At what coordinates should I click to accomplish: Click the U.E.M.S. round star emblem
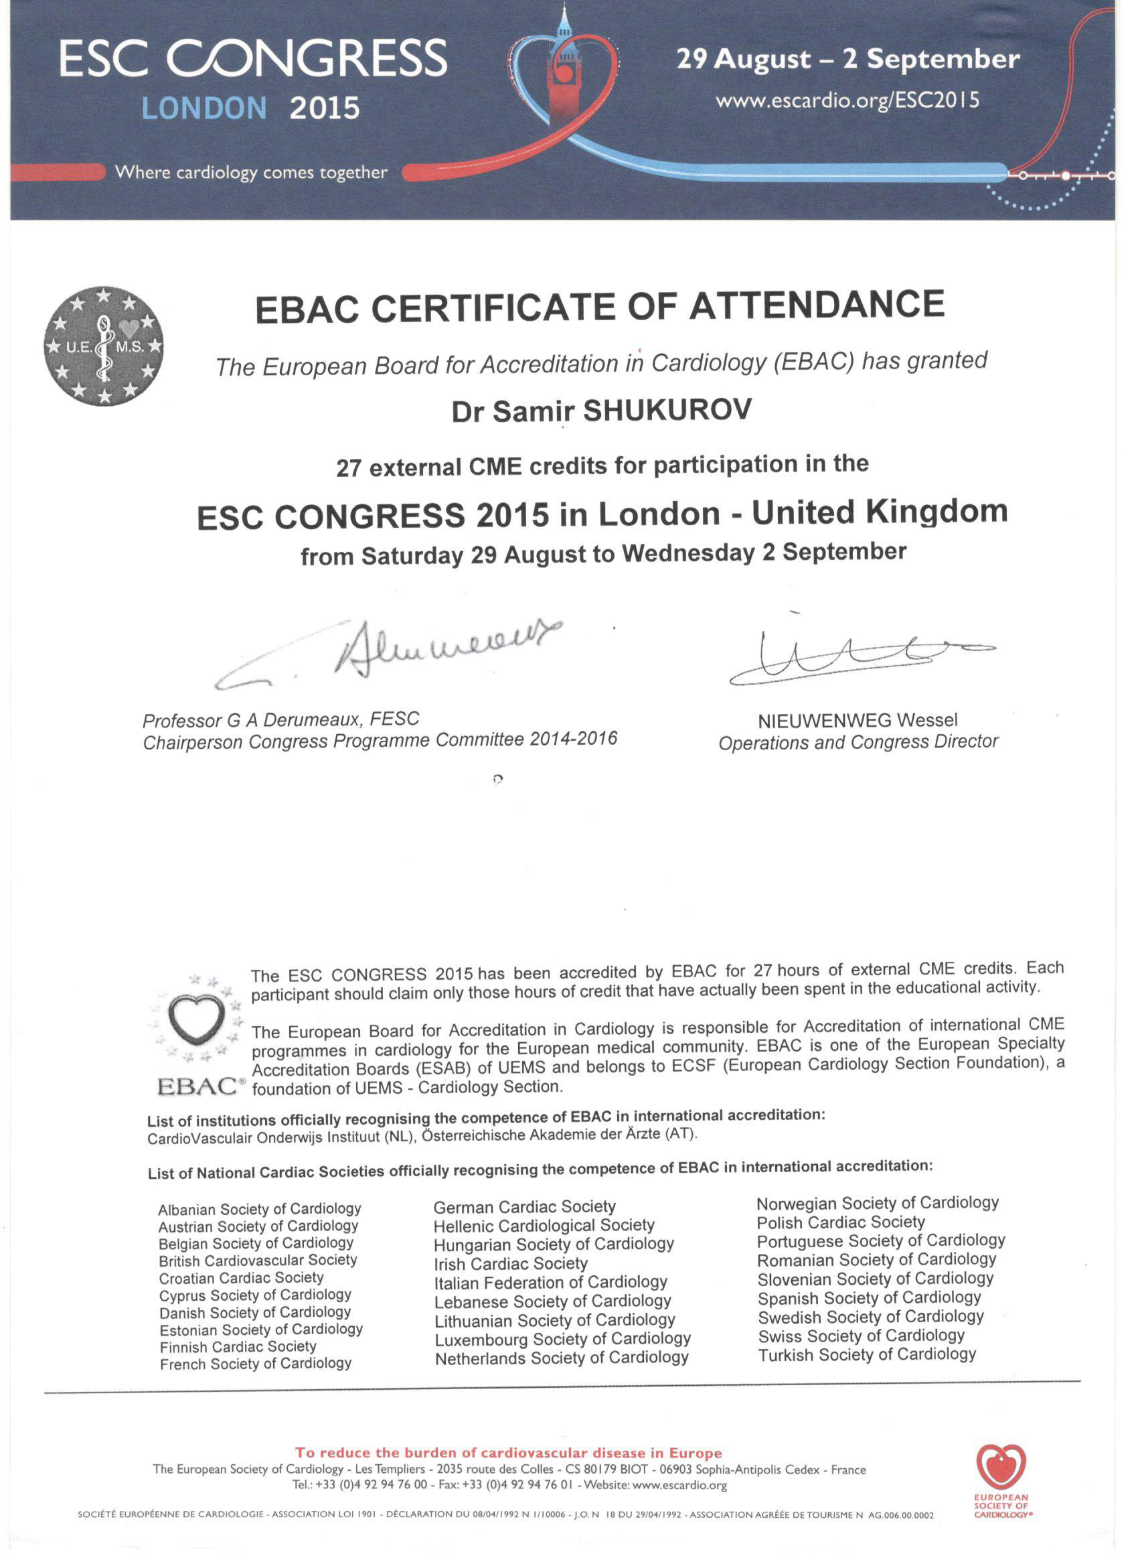(x=104, y=346)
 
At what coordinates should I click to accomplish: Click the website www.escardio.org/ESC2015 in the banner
(x=847, y=101)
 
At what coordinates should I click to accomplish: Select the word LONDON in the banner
(x=204, y=109)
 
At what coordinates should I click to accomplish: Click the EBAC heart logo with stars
(x=197, y=1033)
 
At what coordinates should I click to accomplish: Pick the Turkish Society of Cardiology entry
(x=866, y=1354)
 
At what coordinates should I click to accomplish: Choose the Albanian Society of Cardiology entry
(x=260, y=1209)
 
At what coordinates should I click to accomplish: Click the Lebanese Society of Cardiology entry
(x=552, y=1301)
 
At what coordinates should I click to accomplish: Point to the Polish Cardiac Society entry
(x=840, y=1223)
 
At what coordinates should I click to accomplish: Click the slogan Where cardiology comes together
(x=251, y=173)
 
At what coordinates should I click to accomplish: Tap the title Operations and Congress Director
(x=858, y=742)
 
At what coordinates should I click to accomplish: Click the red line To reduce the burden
(x=509, y=1453)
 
